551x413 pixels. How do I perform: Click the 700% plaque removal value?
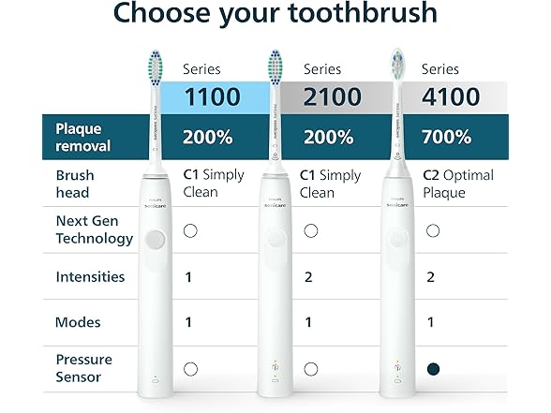pos(446,137)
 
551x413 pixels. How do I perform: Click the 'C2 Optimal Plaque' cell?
pos(457,184)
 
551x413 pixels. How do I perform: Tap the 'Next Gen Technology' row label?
pos(94,229)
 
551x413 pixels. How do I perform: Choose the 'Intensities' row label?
pos(90,276)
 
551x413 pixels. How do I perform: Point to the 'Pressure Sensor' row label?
pos(83,368)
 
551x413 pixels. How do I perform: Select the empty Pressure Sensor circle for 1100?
pos(190,368)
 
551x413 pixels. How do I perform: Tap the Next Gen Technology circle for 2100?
pos(311,230)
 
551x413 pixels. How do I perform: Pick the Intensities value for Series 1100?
pos(188,277)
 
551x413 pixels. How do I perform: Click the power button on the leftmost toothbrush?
pos(156,240)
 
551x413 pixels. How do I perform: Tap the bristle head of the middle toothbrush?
pos(275,67)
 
